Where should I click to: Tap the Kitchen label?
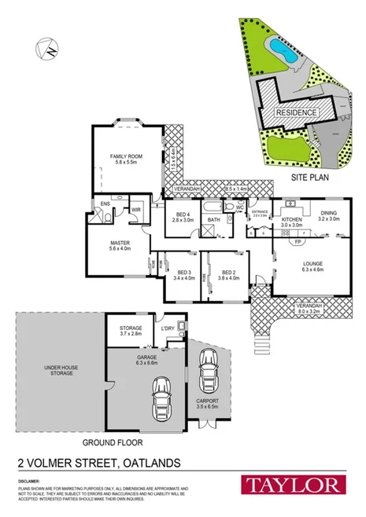[x=292, y=221]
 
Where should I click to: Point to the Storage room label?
[x=131, y=331]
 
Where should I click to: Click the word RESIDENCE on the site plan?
[x=296, y=113]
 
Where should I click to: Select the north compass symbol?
[x=48, y=49]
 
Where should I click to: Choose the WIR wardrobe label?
[x=135, y=210]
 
